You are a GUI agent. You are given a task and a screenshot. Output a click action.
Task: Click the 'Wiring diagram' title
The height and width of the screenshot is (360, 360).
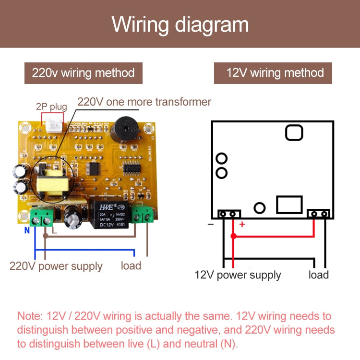click(x=180, y=24)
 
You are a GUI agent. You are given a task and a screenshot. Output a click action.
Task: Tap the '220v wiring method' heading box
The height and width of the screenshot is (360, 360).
click(x=84, y=73)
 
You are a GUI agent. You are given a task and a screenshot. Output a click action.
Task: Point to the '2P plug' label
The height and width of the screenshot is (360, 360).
click(x=51, y=107)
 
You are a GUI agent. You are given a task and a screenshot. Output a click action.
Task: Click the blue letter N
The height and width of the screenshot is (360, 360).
click(x=27, y=230)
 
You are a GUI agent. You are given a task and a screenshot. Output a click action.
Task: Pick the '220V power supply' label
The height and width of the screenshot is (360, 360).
click(x=56, y=266)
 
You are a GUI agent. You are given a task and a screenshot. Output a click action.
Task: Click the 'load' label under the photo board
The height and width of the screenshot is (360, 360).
click(x=131, y=265)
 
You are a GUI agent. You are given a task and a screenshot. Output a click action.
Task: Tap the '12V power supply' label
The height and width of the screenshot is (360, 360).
click(x=238, y=275)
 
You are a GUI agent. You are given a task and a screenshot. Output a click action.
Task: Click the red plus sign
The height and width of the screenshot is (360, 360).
click(x=242, y=224)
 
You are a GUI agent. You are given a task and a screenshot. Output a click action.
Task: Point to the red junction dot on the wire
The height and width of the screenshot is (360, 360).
click(x=233, y=236)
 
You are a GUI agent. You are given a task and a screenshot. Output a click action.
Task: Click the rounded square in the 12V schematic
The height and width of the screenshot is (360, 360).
click(x=294, y=132)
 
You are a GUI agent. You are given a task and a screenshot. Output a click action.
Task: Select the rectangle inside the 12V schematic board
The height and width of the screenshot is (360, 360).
click(x=289, y=204)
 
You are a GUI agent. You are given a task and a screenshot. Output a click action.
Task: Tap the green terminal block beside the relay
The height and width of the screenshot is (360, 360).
click(x=144, y=215)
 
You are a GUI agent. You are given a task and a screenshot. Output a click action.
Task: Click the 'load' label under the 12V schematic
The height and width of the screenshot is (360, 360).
click(x=318, y=275)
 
